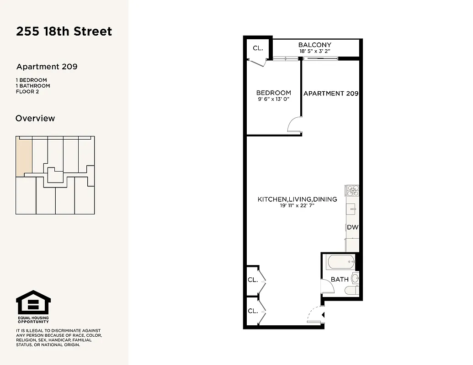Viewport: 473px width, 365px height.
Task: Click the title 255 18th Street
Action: click(64, 31)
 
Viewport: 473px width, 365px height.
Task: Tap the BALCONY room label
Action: click(314, 45)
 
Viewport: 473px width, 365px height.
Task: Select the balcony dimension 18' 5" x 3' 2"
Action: click(314, 52)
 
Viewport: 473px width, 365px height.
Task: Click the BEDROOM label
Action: click(273, 93)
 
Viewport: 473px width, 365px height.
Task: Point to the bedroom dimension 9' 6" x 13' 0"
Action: click(273, 99)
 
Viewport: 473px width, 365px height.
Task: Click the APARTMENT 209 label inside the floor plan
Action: click(330, 93)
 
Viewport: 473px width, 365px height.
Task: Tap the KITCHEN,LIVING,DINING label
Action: click(297, 199)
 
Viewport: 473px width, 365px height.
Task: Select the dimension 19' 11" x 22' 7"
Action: click(297, 206)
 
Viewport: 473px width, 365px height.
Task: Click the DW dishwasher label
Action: click(352, 227)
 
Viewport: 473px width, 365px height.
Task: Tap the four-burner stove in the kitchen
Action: click(352, 190)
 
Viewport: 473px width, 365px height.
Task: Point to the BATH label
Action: click(340, 279)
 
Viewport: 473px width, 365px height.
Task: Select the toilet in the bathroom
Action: click(351, 290)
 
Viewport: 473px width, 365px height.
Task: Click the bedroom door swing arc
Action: click(293, 125)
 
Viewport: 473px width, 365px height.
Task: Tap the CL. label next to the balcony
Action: click(258, 48)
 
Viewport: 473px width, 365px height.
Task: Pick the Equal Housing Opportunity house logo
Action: click(33, 302)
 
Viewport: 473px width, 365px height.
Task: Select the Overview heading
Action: click(35, 118)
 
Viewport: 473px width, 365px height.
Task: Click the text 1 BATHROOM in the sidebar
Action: click(33, 86)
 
